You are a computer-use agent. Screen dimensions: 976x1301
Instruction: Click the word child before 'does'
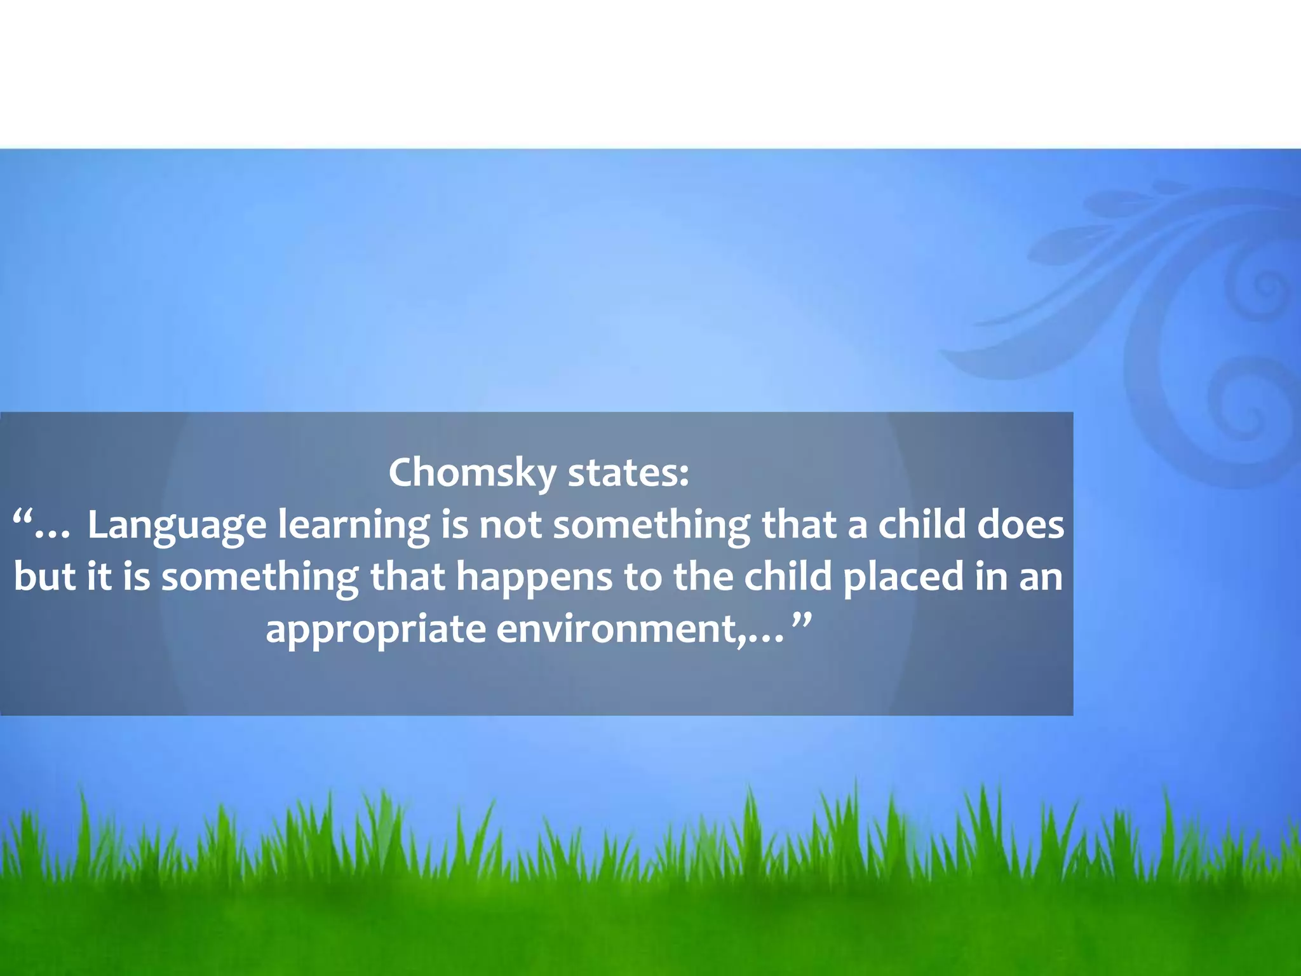pos(921,525)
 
